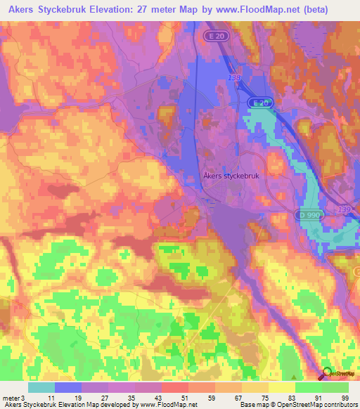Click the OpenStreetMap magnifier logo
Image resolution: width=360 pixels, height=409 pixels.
point(326,374)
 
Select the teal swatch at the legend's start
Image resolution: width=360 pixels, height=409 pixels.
point(41,387)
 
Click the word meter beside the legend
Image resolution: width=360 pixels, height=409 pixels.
point(11,398)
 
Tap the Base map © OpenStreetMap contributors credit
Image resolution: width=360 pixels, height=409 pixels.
point(297,405)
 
